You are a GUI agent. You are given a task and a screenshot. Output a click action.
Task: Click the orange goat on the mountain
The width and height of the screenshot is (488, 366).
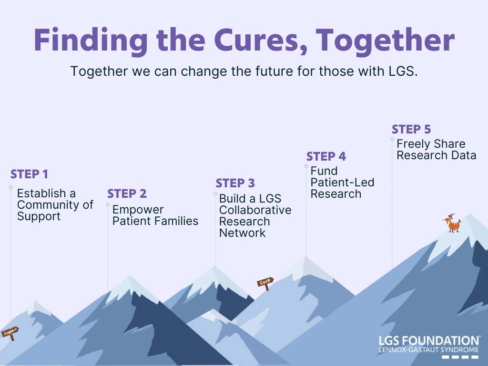tap(452, 223)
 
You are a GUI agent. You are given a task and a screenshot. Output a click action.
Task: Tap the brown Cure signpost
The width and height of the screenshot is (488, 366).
tap(265, 283)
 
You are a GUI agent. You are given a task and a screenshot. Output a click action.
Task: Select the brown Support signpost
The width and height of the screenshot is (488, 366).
tap(10, 333)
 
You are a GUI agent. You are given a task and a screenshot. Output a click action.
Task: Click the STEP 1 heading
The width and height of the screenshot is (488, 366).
tap(29, 174)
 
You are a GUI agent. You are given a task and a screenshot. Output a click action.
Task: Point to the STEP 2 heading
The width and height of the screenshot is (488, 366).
tap(127, 194)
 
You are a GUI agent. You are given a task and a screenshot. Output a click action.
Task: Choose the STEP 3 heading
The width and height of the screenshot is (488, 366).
tap(235, 183)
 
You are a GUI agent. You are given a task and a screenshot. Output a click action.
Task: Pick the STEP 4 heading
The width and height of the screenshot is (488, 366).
tap(326, 156)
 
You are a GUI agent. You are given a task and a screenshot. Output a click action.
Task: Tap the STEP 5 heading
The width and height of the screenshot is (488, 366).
tap(411, 130)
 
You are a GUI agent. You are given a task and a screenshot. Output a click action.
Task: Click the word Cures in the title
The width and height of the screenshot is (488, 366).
tap(261, 41)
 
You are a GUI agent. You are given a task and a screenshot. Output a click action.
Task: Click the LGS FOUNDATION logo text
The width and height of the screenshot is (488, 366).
tap(429, 341)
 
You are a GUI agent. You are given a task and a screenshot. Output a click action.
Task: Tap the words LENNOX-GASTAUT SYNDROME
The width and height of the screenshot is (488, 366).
tap(429, 350)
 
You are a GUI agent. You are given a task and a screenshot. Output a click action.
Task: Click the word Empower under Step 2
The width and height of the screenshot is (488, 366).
tap(138, 210)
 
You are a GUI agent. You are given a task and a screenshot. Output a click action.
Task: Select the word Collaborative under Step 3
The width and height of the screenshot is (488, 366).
tap(255, 210)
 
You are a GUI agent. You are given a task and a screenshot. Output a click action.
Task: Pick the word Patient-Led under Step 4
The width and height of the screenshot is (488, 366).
tap(342, 183)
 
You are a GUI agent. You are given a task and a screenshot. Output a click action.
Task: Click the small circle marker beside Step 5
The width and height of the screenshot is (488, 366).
tap(392, 139)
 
